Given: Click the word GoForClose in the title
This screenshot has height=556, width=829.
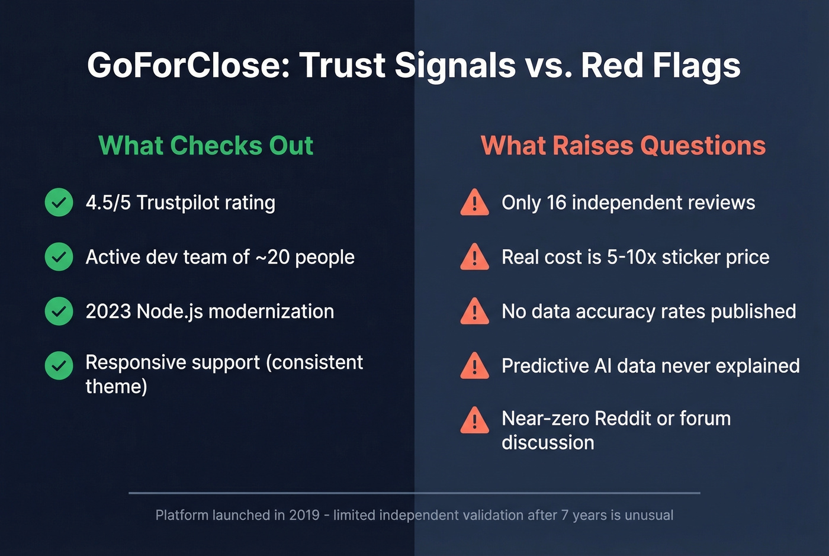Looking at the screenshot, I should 188,65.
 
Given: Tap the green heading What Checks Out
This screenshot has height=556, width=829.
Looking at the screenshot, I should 205,146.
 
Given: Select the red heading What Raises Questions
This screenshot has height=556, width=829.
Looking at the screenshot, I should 623,146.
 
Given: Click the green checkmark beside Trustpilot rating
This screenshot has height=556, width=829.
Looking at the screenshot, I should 59,203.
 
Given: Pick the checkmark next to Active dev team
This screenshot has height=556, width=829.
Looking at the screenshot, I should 59,257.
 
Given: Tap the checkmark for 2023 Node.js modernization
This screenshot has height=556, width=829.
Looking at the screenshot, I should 59,311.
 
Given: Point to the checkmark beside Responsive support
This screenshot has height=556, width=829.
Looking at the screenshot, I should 59,366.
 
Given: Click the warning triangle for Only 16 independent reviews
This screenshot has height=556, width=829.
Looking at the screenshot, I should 474,203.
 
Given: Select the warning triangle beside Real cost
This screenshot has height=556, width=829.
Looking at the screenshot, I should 474,258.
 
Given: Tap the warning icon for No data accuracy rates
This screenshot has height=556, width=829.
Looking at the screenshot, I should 474,312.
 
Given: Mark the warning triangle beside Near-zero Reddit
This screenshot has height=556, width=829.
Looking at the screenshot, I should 474,421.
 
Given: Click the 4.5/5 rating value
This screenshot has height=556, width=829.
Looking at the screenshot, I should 108,203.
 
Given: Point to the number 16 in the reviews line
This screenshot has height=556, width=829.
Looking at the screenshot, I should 557,203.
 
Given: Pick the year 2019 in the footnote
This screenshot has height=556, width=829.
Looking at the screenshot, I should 304,515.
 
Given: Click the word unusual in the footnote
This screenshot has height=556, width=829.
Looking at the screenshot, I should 649,515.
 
